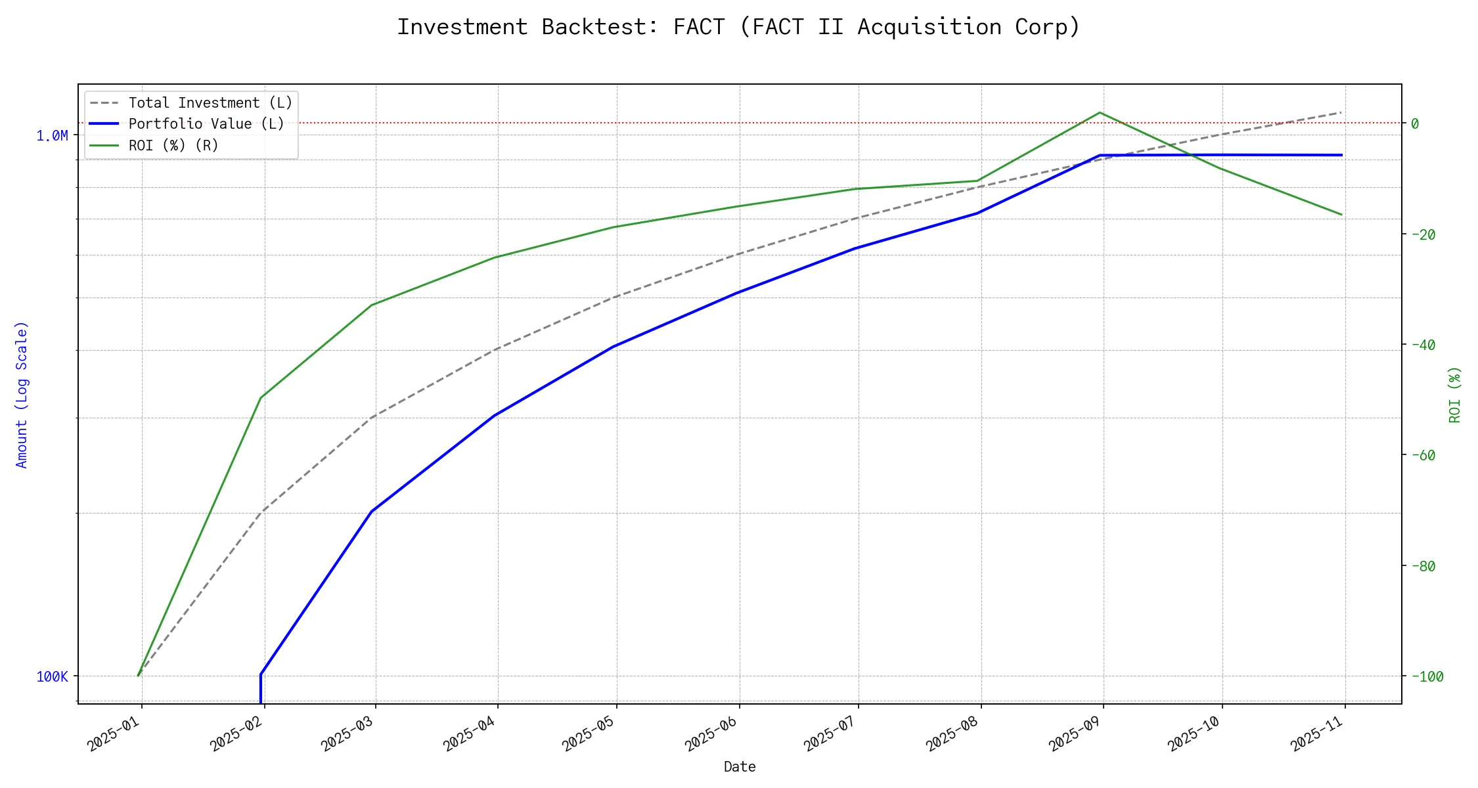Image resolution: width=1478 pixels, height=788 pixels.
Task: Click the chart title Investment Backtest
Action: coord(738,28)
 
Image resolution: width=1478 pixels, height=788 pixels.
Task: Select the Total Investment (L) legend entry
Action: coord(210,103)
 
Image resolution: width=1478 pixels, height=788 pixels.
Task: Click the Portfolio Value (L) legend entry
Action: coord(206,124)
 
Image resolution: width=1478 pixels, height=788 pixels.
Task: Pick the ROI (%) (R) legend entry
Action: coord(173,145)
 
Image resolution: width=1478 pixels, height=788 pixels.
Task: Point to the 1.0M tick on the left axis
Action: coord(52,136)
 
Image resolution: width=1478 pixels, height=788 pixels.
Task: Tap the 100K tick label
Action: coord(52,676)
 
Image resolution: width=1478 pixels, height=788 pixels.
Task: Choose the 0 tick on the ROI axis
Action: coord(1415,123)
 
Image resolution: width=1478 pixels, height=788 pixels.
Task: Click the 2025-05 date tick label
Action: coord(589,733)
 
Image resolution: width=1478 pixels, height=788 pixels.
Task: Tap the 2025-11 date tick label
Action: coord(1317,733)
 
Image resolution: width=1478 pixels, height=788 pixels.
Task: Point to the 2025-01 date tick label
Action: coord(114,733)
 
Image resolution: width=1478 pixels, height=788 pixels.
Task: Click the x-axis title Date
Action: coord(740,766)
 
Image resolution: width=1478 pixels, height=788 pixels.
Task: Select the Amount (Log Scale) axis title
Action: coord(22,394)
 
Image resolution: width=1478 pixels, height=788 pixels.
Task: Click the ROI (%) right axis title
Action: coord(1454,394)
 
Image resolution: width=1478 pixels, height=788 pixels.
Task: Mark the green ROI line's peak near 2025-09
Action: coord(1100,112)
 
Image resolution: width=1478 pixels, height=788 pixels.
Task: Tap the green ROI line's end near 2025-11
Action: coord(1341,215)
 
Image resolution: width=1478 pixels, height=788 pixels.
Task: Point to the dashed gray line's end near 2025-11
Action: coord(1341,112)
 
